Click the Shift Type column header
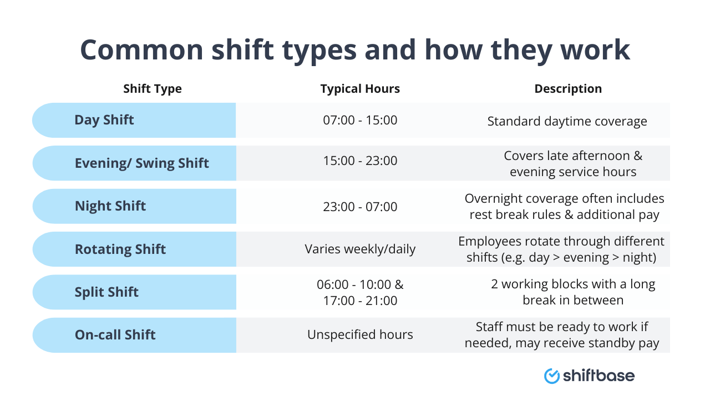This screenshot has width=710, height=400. (x=153, y=89)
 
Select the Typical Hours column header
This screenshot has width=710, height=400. (x=360, y=89)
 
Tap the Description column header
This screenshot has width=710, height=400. (x=568, y=89)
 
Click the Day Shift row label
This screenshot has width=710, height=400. (x=104, y=120)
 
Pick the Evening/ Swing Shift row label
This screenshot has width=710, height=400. (x=142, y=163)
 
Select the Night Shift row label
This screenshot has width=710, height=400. (x=110, y=206)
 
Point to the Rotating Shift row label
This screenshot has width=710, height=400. (x=120, y=249)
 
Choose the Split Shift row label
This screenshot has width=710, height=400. (x=106, y=292)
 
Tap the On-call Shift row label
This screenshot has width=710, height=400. (x=115, y=335)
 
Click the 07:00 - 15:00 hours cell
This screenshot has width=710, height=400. (x=360, y=120)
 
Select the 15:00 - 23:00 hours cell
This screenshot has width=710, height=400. (x=360, y=161)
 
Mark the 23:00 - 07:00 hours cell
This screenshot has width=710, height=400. (x=360, y=207)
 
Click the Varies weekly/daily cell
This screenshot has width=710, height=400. (x=360, y=249)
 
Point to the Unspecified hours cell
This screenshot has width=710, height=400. (x=360, y=335)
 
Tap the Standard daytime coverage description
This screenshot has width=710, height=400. (x=567, y=121)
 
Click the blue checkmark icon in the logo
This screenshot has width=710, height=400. (x=552, y=376)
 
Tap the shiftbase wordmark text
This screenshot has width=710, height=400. (x=599, y=376)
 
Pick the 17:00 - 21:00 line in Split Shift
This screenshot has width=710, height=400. (x=360, y=301)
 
